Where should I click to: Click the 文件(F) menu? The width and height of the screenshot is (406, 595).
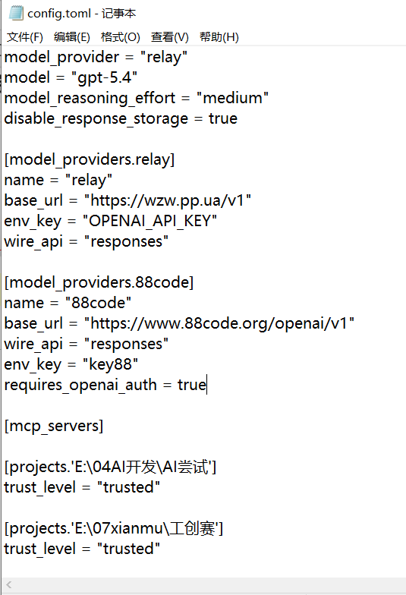click(x=24, y=36)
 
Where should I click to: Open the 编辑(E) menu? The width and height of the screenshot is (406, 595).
click(x=71, y=36)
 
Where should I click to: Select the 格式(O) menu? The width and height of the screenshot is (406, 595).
click(x=120, y=36)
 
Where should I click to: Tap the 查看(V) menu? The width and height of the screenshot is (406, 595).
click(x=170, y=36)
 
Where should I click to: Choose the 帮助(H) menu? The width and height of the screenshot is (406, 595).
click(x=219, y=36)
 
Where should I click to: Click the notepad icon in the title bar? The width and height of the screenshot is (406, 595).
click(x=16, y=14)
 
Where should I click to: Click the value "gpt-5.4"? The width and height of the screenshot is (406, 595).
click(x=105, y=77)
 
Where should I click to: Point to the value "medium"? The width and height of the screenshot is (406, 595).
click(x=232, y=99)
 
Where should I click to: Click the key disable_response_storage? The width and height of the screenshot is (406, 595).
click(x=96, y=118)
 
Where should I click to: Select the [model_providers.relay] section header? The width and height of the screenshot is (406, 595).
click(x=90, y=159)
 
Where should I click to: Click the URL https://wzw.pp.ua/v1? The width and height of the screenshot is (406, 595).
click(x=167, y=200)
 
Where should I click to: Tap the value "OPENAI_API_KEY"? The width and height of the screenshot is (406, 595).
click(x=150, y=222)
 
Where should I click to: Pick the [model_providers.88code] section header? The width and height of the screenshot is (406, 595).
click(x=99, y=282)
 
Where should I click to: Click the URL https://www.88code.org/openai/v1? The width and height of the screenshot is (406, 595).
click(x=219, y=323)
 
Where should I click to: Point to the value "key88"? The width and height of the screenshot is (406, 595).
click(x=111, y=364)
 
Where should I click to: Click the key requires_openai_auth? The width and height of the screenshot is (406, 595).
click(x=80, y=386)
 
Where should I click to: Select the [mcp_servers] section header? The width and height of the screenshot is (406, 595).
click(x=53, y=427)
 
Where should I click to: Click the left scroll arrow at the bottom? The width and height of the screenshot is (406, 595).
click(x=9, y=584)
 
